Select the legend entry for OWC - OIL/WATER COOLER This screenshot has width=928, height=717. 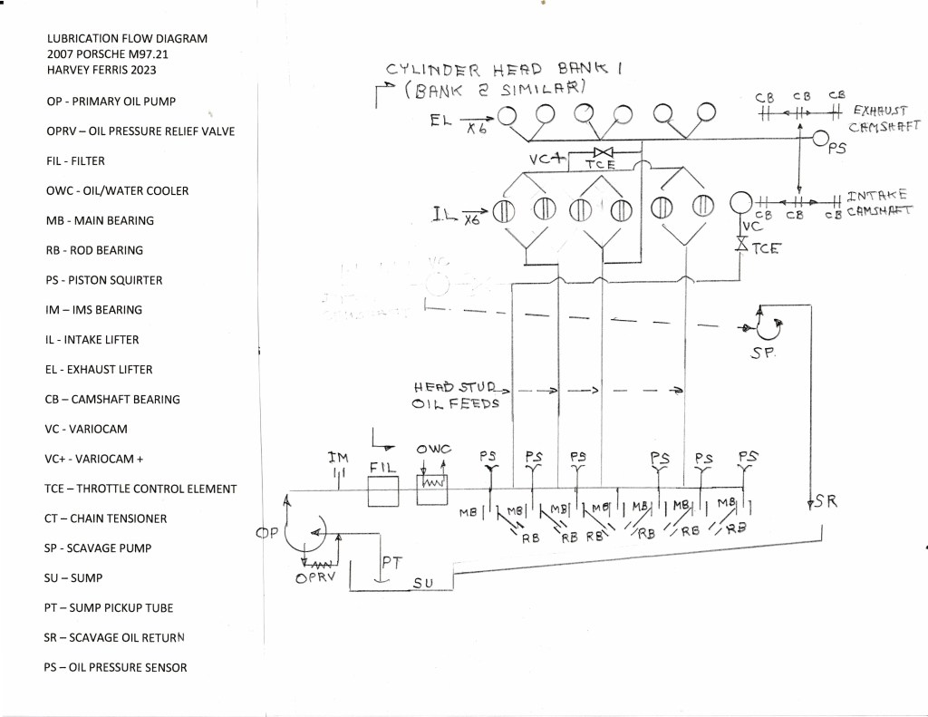click(x=117, y=191)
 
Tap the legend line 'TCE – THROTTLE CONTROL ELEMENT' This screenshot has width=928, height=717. click(x=140, y=489)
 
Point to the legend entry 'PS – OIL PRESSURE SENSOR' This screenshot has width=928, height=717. click(x=115, y=667)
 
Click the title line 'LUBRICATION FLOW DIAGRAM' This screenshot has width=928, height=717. click(x=127, y=39)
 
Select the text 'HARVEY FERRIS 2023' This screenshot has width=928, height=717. click(x=101, y=70)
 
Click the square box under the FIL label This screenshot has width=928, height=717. click(x=382, y=492)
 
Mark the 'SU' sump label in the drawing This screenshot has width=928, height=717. click(x=422, y=584)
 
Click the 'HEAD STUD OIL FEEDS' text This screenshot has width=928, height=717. click(x=456, y=395)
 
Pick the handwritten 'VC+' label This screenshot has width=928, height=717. click(x=548, y=158)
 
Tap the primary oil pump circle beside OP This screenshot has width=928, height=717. click(x=307, y=533)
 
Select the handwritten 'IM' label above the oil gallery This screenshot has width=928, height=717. click(x=338, y=460)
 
